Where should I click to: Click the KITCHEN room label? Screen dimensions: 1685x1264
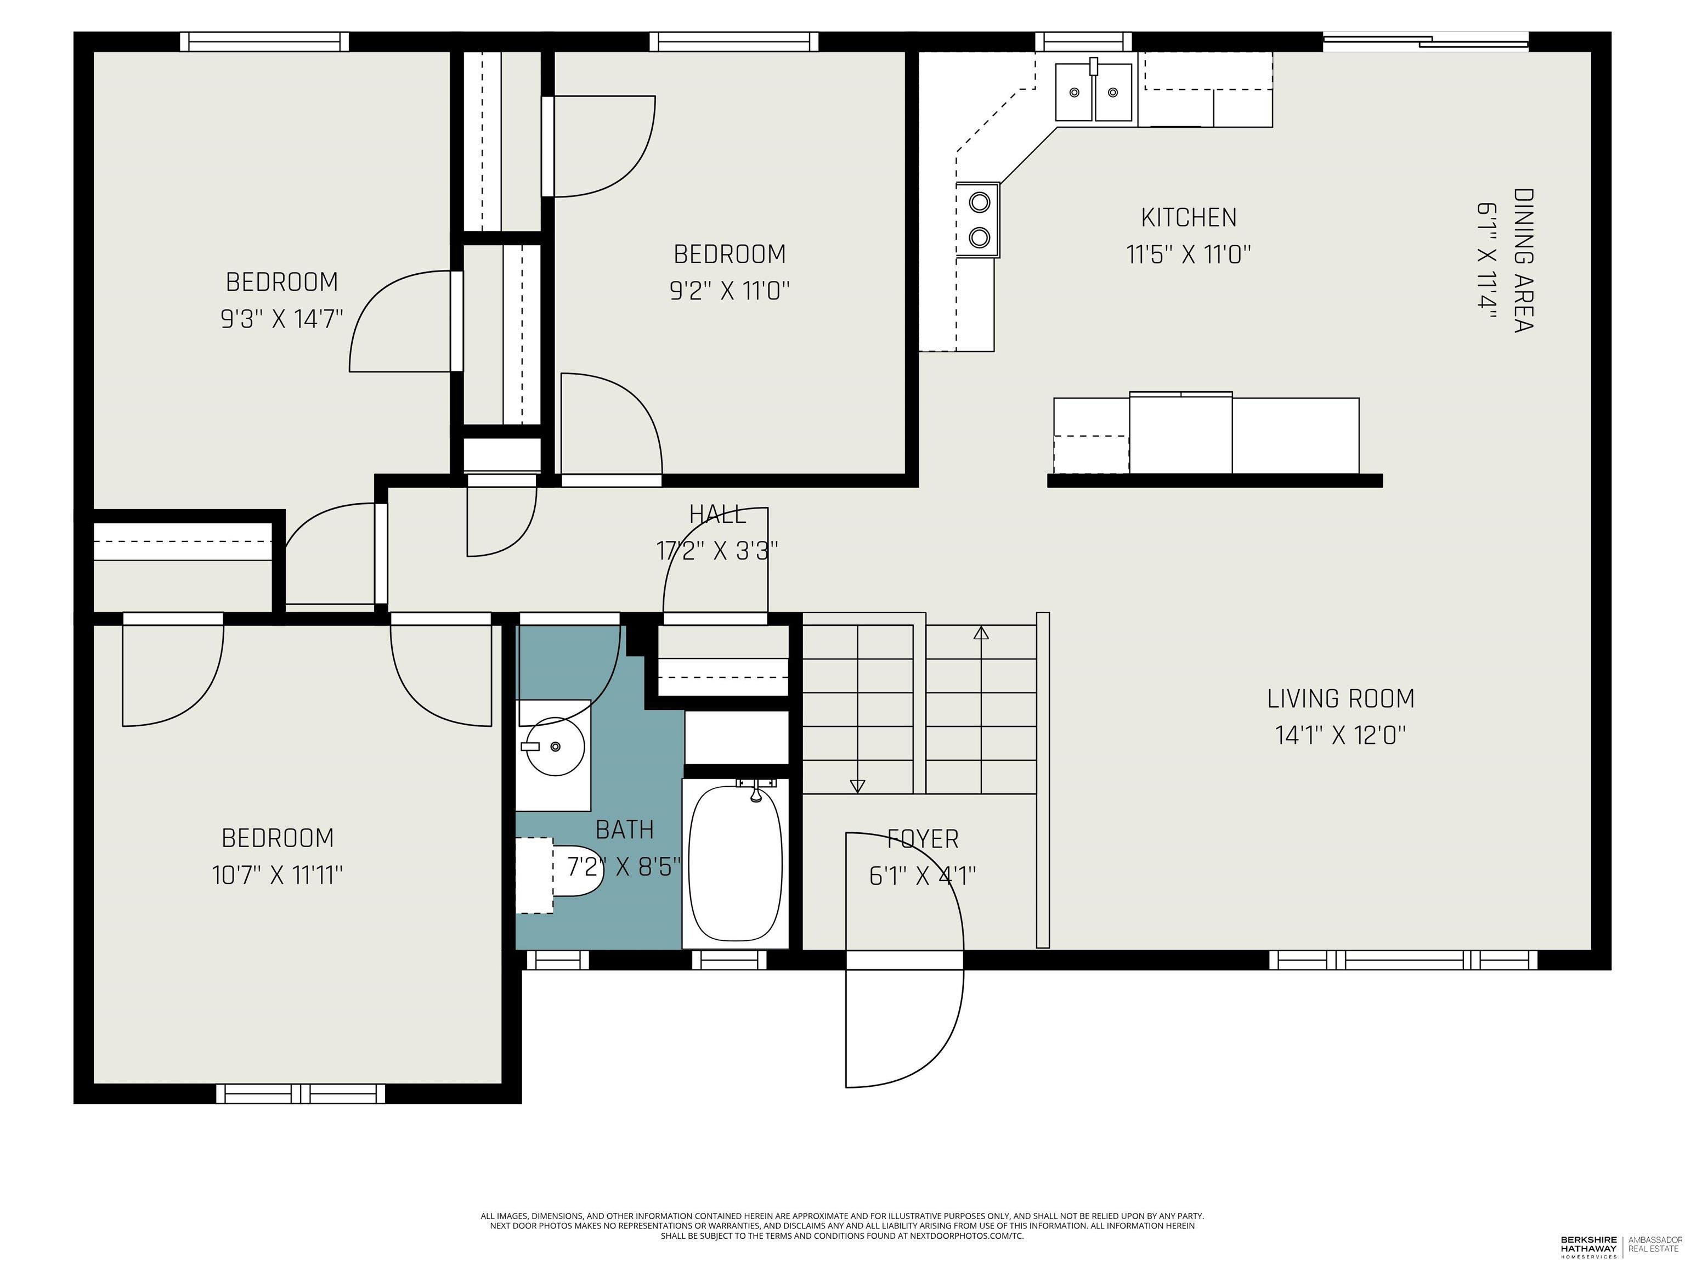[x=1189, y=218]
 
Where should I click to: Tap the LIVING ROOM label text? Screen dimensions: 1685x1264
[x=1341, y=699]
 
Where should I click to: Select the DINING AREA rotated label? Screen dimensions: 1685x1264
[x=1523, y=261]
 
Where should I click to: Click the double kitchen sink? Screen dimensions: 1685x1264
[x=1093, y=92]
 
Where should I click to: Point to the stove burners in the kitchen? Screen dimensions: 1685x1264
[x=979, y=220]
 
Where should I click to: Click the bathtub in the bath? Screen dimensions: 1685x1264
[x=735, y=863]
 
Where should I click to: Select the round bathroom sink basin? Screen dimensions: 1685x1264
[x=554, y=747]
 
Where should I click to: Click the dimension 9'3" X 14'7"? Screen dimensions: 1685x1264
[x=282, y=319]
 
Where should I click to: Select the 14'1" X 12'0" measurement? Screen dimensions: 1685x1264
[x=1341, y=735]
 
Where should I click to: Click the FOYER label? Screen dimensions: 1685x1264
[x=923, y=839]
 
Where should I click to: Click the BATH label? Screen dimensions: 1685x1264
[x=625, y=830]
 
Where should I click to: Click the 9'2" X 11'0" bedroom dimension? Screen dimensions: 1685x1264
[x=730, y=290]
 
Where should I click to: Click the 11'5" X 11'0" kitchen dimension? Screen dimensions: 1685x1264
[x=1189, y=255]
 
